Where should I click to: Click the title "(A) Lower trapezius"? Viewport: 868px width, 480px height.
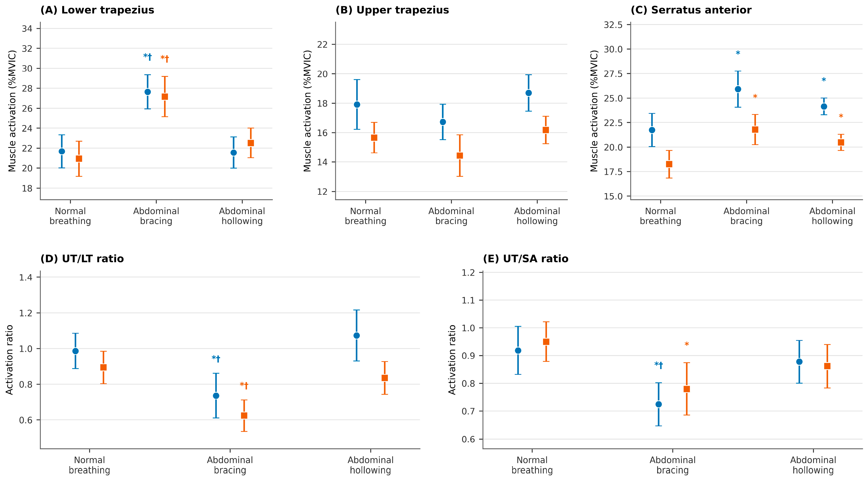tap(97, 10)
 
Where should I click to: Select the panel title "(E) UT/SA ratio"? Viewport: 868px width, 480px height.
tap(526, 259)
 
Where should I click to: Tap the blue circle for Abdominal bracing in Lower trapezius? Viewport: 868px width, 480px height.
tap(148, 92)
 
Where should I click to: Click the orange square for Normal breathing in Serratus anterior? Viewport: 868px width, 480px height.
tap(669, 164)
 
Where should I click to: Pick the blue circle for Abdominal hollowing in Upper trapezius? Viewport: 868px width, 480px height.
tap(529, 93)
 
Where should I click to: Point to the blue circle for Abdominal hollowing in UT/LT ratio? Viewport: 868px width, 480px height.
tap(356, 335)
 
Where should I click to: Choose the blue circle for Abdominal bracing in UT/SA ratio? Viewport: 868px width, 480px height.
tap(659, 404)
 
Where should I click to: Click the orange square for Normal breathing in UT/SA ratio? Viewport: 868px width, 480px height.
tap(546, 342)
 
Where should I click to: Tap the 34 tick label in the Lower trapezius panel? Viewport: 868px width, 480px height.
tap(27, 29)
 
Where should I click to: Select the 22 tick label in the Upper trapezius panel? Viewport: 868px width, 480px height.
tap(322, 45)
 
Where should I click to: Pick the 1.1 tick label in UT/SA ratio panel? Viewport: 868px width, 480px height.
tap(468, 300)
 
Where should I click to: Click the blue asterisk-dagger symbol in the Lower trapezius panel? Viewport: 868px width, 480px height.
tap(148, 57)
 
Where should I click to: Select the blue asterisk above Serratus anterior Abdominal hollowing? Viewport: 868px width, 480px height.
tap(824, 80)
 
